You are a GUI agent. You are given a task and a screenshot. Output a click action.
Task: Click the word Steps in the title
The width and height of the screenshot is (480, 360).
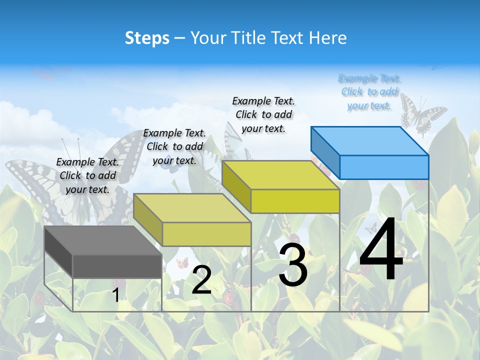147,38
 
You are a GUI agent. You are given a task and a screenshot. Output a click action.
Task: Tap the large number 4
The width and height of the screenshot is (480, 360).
381,251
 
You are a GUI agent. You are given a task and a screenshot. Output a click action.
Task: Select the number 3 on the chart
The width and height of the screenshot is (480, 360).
293,265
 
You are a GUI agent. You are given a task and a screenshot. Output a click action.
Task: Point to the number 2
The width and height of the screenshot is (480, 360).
201,280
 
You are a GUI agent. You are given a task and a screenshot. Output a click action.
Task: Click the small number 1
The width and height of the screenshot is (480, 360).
116,295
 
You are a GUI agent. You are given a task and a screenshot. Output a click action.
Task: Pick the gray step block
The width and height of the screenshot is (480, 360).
103,252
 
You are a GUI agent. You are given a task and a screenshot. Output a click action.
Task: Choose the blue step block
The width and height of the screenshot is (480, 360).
370,152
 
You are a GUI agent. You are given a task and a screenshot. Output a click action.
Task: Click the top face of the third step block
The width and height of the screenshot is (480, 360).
280,175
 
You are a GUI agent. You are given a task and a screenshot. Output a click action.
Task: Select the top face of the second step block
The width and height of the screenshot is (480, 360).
192,207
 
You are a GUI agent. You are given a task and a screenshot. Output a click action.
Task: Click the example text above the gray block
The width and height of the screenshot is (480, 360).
87,175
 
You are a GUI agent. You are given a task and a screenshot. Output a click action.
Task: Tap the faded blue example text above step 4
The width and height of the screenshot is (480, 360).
369,91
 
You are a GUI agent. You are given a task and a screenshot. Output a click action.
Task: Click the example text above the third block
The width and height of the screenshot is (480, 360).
263,114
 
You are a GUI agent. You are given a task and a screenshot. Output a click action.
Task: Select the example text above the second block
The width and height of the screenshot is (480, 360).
174,146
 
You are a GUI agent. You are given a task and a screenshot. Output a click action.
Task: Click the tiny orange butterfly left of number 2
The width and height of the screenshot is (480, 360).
182,262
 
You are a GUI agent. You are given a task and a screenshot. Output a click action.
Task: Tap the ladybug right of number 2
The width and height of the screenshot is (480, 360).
228,298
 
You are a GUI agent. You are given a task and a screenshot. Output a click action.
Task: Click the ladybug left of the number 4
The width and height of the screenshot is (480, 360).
366,269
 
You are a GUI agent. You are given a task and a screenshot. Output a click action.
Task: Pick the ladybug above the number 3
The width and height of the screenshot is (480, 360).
294,239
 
